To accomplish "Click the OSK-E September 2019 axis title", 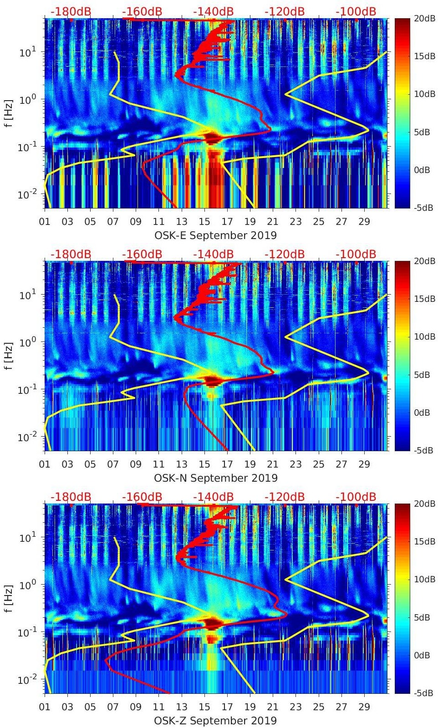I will [215, 235].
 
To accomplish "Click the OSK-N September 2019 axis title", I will [215, 478].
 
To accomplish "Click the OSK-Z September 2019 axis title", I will [215, 721].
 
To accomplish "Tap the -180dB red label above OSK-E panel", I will [71, 11].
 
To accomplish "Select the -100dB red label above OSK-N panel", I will [356, 254].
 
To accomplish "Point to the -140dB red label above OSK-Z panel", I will [213, 497].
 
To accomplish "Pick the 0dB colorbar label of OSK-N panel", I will [422, 412].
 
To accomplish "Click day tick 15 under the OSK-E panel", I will [204, 222].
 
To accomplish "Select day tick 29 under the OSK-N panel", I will [364, 464].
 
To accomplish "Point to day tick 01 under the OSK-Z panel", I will [45, 707].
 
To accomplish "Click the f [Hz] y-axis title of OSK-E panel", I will [10, 113].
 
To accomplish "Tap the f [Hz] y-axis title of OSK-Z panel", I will [10, 598].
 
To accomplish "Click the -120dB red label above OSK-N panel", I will [285, 254].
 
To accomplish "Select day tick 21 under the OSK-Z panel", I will [273, 707].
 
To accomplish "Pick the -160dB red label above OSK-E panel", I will [142, 11].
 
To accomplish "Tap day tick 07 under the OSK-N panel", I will [113, 464].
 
